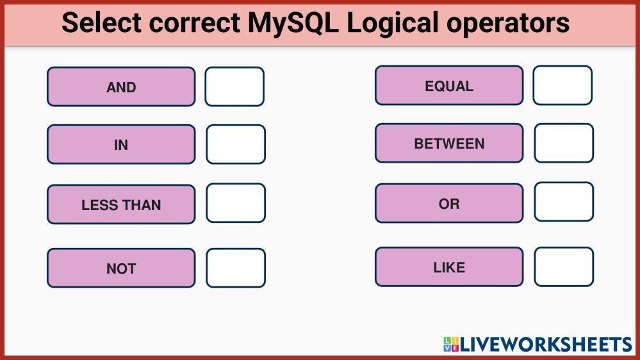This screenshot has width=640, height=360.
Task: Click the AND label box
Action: pos(121,86)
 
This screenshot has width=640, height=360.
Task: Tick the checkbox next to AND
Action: pos(234,86)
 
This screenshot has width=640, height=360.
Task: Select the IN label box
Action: pos(121,145)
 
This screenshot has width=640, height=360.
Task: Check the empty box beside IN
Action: pos(236,145)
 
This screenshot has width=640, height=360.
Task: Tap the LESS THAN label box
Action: pos(121,204)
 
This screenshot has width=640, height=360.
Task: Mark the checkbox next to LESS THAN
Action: pos(236,203)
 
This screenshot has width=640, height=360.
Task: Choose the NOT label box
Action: pos(121,268)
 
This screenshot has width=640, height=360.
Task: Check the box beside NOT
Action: pos(236,268)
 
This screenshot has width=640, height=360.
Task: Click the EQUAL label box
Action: pos(449,85)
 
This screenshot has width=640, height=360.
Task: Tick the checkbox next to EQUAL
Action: pos(562,85)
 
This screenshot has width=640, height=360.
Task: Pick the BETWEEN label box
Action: pos(449,143)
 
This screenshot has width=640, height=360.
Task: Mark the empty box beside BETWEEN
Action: pos(564,143)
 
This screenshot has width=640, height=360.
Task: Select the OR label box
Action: pos(449,203)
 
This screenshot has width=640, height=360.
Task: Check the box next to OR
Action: pos(564,202)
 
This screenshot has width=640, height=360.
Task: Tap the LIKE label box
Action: pos(449,266)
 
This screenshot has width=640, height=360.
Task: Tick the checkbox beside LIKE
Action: pos(564,266)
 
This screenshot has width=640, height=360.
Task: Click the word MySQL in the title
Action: pos(293,23)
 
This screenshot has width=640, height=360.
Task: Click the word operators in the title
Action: pos(508,24)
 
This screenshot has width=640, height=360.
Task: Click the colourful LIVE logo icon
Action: pos(451,344)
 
